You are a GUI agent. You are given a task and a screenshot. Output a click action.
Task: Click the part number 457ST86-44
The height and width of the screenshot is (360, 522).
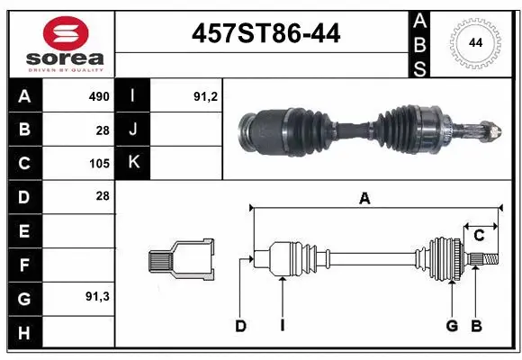click(266, 33)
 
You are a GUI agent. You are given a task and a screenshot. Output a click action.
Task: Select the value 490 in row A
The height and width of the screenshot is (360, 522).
click(98, 96)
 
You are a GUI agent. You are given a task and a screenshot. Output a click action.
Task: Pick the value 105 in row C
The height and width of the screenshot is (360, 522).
click(98, 163)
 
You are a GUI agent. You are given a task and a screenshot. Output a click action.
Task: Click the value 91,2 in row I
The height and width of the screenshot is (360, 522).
click(206, 96)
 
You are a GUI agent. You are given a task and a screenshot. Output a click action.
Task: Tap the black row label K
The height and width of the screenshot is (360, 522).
click(132, 163)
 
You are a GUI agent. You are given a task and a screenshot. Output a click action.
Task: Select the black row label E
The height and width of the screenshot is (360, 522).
click(24, 230)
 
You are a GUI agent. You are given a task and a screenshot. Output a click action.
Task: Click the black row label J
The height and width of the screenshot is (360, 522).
click(132, 130)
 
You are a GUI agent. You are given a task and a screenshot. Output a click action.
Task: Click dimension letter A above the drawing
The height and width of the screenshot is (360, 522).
click(364, 199)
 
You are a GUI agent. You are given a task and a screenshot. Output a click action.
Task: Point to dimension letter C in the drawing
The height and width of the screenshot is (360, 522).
click(479, 235)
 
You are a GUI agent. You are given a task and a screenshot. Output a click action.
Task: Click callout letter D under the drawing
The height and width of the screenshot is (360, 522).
click(240, 326)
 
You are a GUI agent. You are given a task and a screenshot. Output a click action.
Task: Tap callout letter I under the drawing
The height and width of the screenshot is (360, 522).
click(282, 326)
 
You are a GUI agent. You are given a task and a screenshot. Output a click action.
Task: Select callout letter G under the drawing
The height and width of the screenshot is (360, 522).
click(452, 326)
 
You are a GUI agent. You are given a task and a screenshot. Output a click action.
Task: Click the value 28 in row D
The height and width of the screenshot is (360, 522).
click(102, 196)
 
